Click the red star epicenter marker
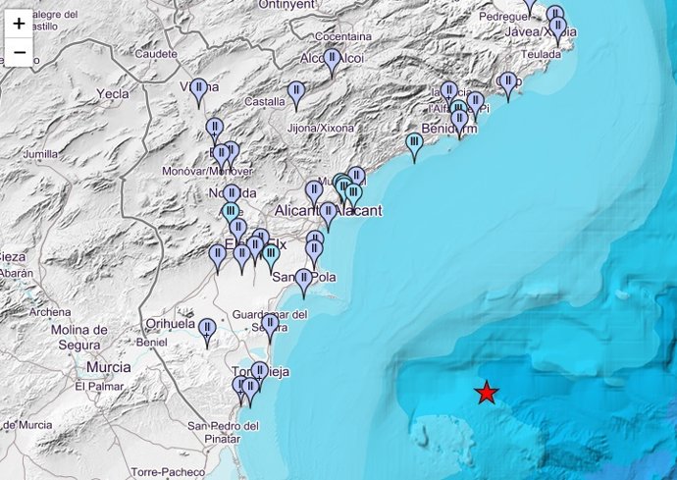pyautogui.click(x=487, y=393)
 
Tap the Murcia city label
pyautogui.click(x=109, y=367)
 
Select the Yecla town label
pyautogui.click(x=113, y=95)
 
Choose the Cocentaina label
pyautogui.click(x=335, y=37)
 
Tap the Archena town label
pyautogui.click(x=50, y=312)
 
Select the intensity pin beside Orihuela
pyautogui.click(x=207, y=330)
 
